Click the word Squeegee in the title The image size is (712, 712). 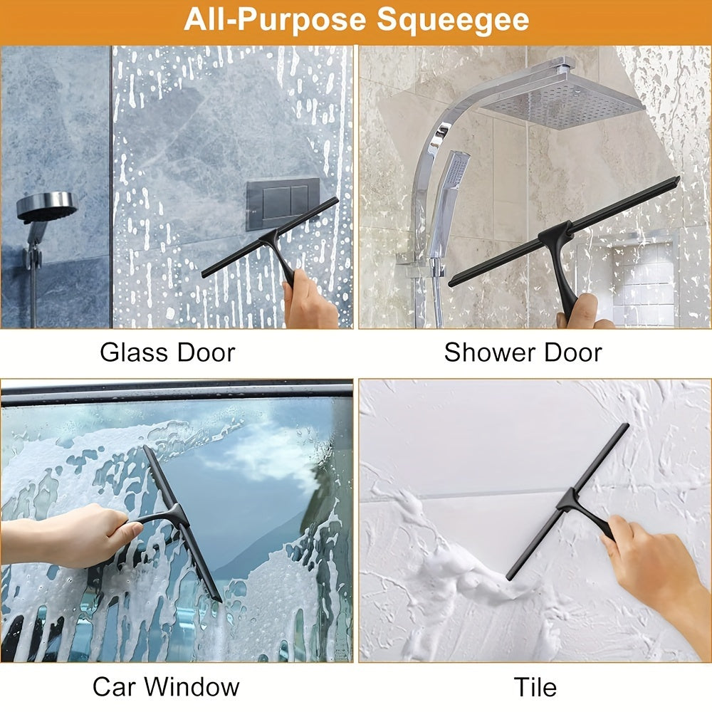click(x=453, y=21)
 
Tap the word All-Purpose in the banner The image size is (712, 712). click(x=275, y=19)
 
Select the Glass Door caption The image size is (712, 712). click(x=167, y=352)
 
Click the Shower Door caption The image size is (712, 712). click(x=523, y=352)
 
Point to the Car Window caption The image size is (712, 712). click(x=166, y=686)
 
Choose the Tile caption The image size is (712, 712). click(x=535, y=686)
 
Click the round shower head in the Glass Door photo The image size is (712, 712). click(x=47, y=207)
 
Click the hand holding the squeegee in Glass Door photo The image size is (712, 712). click(x=310, y=300)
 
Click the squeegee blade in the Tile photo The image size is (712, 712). click(x=567, y=502)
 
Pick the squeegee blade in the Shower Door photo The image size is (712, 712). click(x=563, y=231)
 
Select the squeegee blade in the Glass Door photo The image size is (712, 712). click(x=270, y=238)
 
